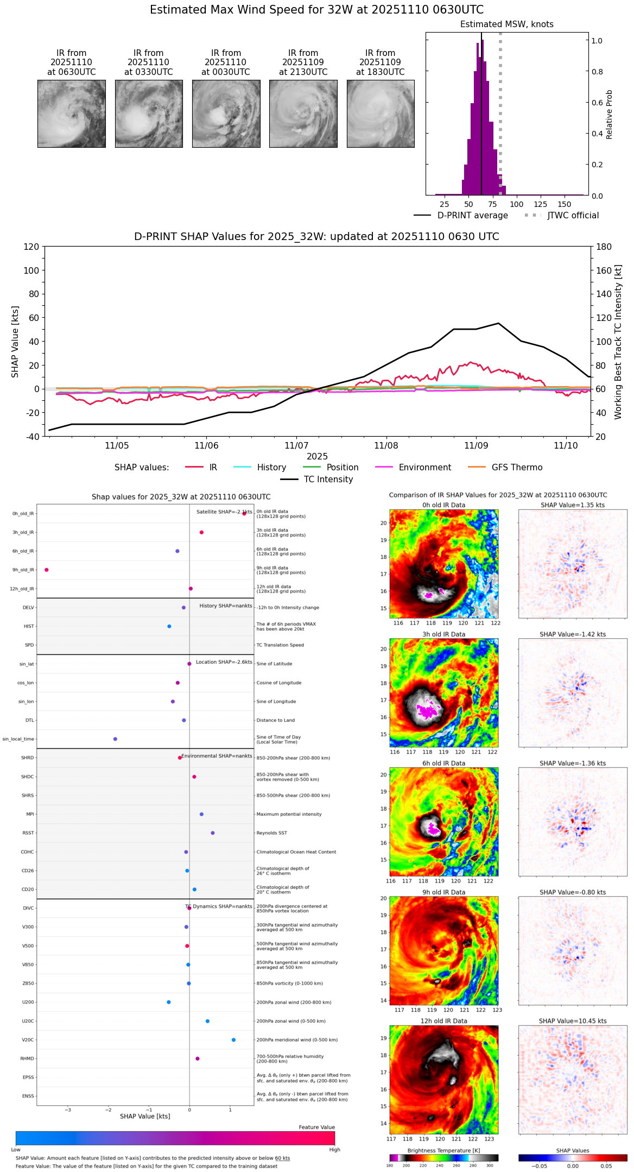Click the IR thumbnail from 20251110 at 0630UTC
(x=72, y=114)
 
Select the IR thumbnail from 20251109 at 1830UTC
(x=381, y=114)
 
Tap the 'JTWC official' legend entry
(x=573, y=216)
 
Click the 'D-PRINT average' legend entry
(x=472, y=216)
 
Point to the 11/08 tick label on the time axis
(x=386, y=446)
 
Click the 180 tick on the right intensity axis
(x=604, y=247)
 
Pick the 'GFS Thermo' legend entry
(x=517, y=468)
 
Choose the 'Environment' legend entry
(x=424, y=468)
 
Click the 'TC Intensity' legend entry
(x=328, y=480)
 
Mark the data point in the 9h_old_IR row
(x=47, y=570)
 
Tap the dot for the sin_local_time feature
(x=115, y=739)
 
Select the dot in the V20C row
(x=233, y=1040)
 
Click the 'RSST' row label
(x=28, y=833)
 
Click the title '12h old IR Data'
(x=443, y=1021)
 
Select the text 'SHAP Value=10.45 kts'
(x=573, y=1021)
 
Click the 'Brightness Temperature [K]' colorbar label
(x=443, y=1151)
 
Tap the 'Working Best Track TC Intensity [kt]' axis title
(x=618, y=342)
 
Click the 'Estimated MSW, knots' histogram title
(x=506, y=24)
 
